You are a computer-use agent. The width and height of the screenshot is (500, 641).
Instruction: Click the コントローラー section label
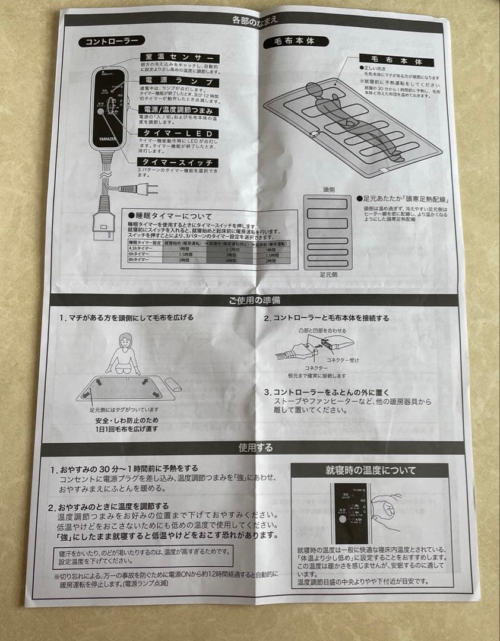(111, 42)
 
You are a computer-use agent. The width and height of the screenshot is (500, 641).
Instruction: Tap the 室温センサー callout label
(178, 57)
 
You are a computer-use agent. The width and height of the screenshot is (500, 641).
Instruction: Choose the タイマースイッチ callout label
(178, 163)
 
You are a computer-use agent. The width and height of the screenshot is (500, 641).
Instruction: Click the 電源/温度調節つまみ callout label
(178, 110)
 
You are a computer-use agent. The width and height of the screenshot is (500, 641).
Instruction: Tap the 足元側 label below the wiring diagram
(329, 275)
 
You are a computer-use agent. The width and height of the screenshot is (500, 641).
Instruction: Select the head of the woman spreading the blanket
(125, 341)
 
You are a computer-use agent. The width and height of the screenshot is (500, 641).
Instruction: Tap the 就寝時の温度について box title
(371, 470)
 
